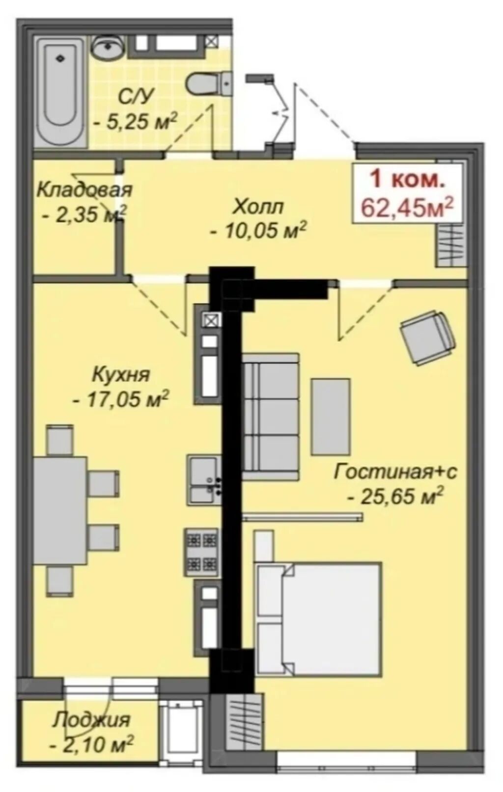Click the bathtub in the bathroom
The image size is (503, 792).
[61, 93]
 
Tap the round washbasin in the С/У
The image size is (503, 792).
[108, 48]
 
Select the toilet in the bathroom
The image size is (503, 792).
[209, 84]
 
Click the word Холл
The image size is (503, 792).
[258, 207]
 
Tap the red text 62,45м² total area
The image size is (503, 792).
[407, 207]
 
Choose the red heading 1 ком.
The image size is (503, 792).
[407, 180]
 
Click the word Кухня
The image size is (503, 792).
[121, 375]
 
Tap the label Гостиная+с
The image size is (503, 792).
[395, 473]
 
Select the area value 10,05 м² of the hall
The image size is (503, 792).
[258, 232]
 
